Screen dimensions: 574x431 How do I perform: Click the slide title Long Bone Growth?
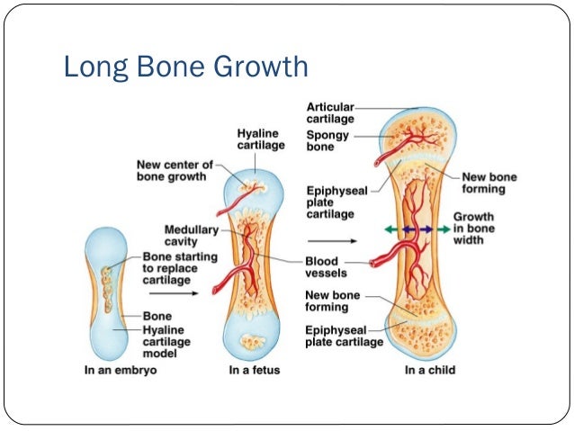click(184, 67)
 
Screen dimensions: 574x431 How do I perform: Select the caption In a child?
click(429, 370)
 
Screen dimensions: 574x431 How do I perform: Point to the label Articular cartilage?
click(330, 113)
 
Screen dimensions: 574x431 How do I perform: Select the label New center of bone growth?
click(173, 171)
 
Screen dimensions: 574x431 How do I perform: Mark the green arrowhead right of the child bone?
click(444, 229)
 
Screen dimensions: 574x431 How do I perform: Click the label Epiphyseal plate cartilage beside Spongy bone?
click(330, 202)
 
